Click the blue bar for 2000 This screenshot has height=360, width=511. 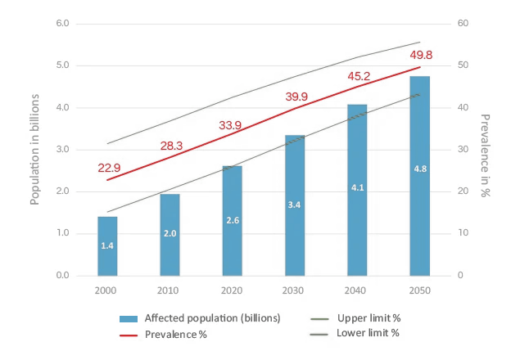tap(107, 246)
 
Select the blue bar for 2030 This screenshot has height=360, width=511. tap(295, 205)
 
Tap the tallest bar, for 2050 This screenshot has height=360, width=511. tap(420, 176)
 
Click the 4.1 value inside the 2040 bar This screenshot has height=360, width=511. tap(357, 187)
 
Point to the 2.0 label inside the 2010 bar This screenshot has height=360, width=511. tap(170, 233)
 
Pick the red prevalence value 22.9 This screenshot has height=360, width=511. tap(109, 168)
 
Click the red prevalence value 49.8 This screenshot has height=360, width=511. tap(421, 55)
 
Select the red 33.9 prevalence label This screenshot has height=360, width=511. tap(230, 125)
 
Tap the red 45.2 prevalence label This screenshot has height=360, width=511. tap(359, 76)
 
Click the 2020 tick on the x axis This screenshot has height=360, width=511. tap(232, 290)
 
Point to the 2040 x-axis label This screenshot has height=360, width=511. tap(355, 290)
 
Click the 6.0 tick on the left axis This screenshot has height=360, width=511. tap(62, 24)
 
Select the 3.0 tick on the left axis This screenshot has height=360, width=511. tap(62, 150)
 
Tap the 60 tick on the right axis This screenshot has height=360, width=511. tap(463, 23)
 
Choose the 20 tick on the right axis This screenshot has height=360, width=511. tap(463, 191)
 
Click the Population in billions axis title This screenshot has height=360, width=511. tap(34, 150)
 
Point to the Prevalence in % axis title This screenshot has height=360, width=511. tap(486, 155)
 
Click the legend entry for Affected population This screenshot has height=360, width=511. tap(200, 318)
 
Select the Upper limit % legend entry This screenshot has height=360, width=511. tap(355, 318)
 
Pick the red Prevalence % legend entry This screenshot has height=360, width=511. tap(163, 335)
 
